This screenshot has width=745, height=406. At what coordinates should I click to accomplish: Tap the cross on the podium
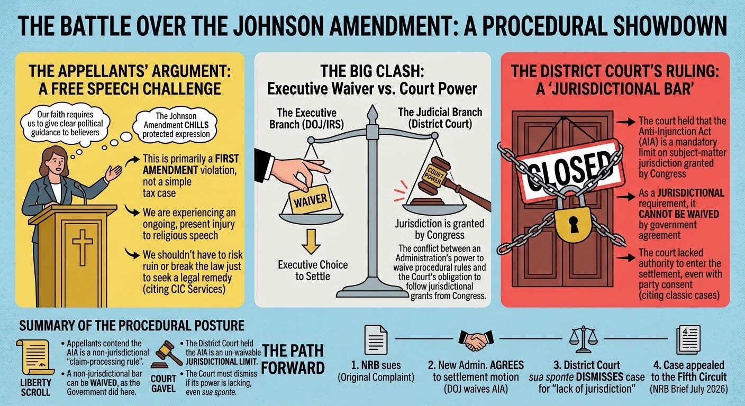[82, 247]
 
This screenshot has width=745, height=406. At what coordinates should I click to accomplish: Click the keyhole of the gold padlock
[573, 224]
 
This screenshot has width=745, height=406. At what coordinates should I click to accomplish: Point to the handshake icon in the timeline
[476, 340]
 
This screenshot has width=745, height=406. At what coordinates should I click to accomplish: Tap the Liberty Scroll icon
[34, 357]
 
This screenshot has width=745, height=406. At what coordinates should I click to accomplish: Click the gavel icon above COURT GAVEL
[166, 355]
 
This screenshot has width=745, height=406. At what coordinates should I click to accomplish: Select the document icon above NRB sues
[376, 339]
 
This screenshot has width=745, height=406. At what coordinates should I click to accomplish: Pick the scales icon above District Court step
[583, 339]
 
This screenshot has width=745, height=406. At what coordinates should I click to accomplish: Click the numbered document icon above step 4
[688, 339]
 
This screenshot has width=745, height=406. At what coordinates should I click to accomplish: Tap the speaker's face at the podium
[57, 163]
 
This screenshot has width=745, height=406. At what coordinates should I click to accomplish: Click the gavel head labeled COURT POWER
[432, 175]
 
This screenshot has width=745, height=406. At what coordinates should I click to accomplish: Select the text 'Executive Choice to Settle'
[313, 271]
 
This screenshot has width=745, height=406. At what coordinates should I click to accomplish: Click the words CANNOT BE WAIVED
[679, 214]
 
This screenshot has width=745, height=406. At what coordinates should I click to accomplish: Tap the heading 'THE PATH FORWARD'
[293, 359]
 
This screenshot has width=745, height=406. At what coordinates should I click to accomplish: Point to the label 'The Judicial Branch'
[440, 112]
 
